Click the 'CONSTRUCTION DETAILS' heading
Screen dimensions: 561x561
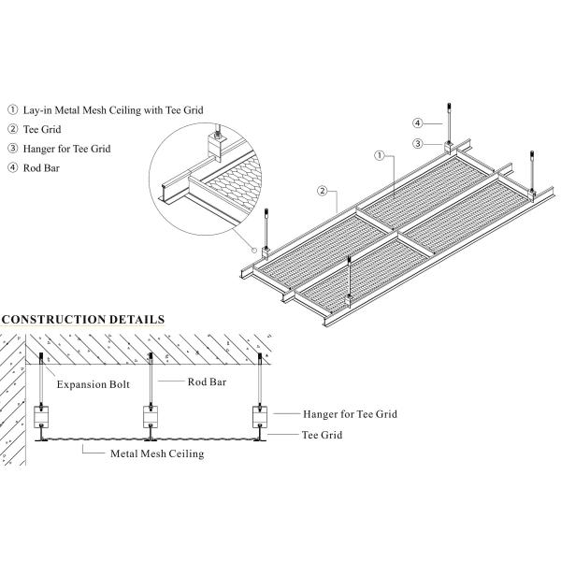tap(83, 320)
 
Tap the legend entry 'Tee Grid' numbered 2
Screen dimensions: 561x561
tap(47, 129)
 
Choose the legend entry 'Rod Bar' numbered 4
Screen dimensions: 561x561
tap(44, 167)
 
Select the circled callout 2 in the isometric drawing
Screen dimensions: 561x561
tap(323, 192)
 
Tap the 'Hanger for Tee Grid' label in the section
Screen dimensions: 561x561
tap(350, 412)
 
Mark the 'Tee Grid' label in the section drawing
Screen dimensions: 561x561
tap(324, 434)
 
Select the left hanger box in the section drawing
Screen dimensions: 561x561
tap(42, 413)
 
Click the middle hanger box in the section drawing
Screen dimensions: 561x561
tap(151, 413)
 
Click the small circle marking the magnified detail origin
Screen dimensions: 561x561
tap(254, 249)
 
